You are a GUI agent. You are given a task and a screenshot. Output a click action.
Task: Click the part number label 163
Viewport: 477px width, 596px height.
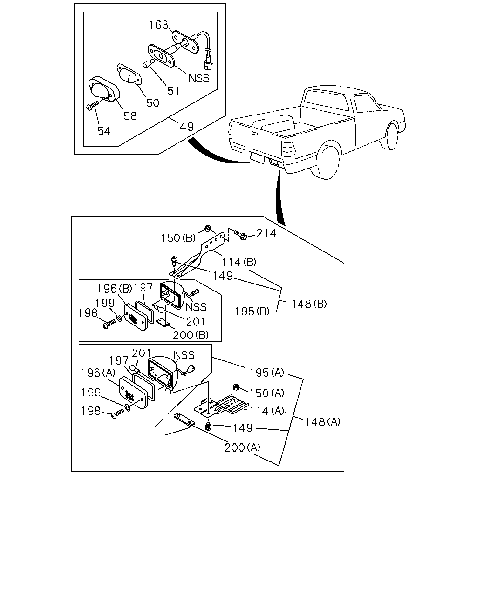(158, 25)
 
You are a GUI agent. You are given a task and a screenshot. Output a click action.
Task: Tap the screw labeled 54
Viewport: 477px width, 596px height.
(93, 106)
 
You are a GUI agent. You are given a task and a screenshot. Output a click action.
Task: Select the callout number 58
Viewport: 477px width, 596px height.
(130, 116)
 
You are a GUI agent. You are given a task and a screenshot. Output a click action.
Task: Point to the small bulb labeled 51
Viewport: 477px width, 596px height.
(149, 63)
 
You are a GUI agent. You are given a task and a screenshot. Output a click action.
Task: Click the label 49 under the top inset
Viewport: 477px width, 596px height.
(186, 127)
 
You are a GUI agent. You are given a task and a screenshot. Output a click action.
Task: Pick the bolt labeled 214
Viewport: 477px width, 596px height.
(241, 235)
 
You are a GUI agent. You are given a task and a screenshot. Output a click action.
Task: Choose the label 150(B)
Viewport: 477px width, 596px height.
(178, 238)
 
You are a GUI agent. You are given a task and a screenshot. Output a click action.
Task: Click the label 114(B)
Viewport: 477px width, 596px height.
(239, 262)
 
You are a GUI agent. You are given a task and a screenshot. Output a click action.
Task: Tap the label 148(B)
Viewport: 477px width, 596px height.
(309, 304)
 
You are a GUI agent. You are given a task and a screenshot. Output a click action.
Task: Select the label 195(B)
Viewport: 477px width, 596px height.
(252, 312)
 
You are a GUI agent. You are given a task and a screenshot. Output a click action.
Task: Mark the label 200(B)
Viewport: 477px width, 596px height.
(191, 335)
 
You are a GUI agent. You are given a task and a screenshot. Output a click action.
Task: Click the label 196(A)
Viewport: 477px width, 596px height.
(98, 372)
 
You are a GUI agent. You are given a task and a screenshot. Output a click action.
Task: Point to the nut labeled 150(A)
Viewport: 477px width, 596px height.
(236, 387)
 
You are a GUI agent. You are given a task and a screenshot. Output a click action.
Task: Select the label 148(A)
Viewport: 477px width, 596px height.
(323, 422)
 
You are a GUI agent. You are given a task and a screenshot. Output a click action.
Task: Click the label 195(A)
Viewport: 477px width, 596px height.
(267, 372)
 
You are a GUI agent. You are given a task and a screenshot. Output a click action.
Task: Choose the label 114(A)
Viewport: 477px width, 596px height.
(267, 411)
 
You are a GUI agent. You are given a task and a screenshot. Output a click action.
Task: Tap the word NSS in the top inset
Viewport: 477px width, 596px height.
(199, 78)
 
